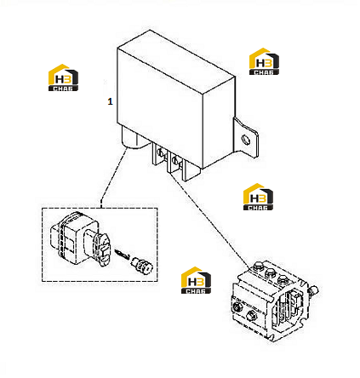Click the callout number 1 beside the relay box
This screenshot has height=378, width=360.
tap(110, 101)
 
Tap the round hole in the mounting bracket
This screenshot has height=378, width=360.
tap(245, 140)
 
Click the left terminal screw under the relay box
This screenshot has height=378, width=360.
tap(161, 153)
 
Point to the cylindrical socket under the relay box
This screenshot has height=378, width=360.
tap(134, 138)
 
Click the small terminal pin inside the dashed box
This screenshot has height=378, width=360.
tap(122, 254)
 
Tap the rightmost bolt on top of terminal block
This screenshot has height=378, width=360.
tap(282, 279)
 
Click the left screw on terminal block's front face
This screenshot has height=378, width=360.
tap(237, 306)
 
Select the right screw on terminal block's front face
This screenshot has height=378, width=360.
tap(251, 314)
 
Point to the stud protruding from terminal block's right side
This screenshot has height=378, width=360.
tap(313, 291)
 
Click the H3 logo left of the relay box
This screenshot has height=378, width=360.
tap(63, 77)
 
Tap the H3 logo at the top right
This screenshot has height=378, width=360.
tap(264, 61)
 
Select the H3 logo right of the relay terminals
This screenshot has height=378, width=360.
tap(258, 197)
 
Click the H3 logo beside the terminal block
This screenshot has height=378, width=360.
tap(196, 280)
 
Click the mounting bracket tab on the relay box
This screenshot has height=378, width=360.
tap(246, 139)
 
